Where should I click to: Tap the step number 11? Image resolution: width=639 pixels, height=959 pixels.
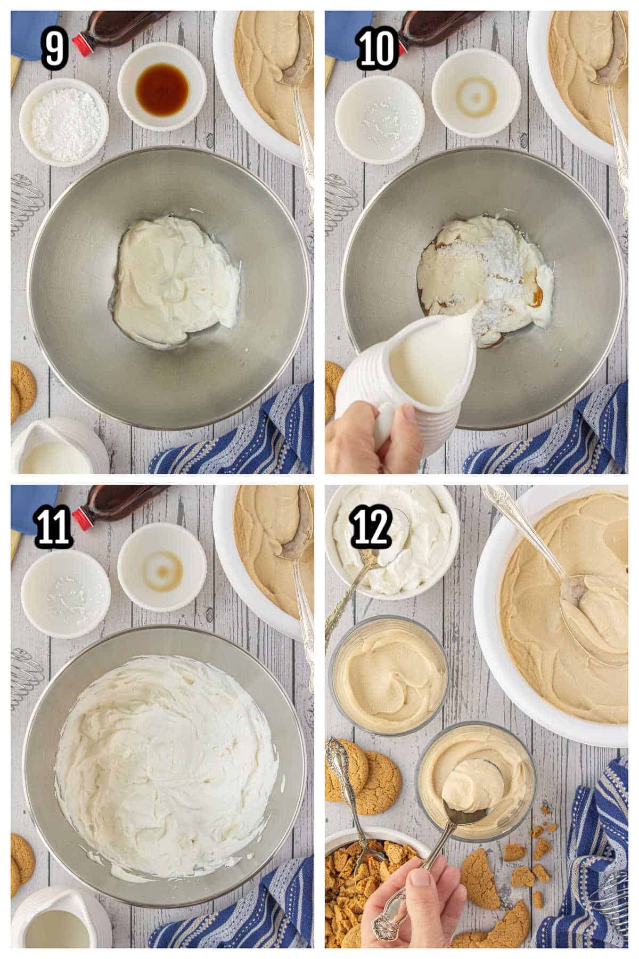(53, 525)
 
